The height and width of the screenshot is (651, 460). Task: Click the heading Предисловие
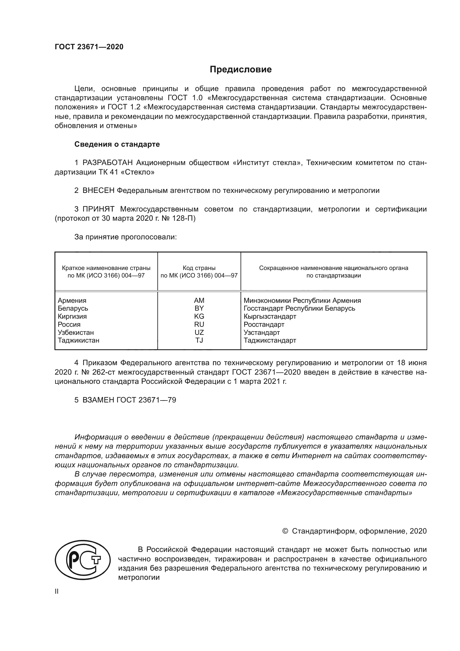241,70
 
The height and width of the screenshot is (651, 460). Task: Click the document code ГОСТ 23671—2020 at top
89,47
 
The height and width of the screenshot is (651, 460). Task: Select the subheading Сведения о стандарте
117,144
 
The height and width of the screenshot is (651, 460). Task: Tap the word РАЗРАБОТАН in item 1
108,163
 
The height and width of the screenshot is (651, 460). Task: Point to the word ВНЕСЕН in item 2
98,191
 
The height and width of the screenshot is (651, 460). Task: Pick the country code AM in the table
199,300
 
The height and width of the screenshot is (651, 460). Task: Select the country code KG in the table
199,316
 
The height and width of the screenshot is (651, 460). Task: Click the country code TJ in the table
199,340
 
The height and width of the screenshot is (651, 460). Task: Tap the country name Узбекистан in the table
76,332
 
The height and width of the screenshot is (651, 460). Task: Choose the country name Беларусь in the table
73,308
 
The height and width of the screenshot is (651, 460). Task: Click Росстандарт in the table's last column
264,324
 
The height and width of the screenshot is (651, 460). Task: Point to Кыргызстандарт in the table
270,316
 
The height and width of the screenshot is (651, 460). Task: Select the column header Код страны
199,268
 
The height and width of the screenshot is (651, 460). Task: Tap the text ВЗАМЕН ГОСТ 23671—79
129,400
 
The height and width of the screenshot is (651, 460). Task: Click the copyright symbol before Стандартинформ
285,531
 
